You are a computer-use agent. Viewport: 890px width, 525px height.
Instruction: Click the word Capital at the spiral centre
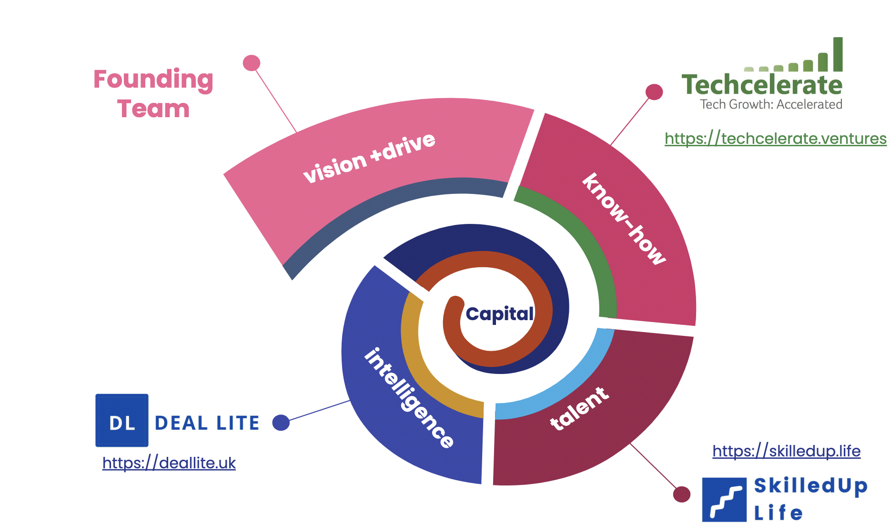(499, 314)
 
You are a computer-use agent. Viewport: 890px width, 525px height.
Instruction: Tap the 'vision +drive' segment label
(369, 158)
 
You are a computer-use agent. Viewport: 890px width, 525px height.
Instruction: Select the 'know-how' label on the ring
(624, 219)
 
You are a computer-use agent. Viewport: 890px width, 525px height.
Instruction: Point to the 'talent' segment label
(579, 409)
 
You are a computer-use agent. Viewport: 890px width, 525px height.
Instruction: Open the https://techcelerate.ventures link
(775, 139)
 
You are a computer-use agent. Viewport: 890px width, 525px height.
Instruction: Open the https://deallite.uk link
(169, 463)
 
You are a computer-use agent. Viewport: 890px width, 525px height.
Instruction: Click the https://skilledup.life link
(786, 451)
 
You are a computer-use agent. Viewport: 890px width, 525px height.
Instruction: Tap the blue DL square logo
(122, 420)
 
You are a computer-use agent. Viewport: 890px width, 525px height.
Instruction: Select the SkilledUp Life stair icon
(724, 499)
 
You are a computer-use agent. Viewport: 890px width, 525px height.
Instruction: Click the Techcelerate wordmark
(762, 85)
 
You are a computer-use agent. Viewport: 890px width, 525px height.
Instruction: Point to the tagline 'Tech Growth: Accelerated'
(771, 104)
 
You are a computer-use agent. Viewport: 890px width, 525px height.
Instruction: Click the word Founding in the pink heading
(153, 80)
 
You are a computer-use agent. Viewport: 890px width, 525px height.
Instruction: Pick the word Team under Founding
(153, 109)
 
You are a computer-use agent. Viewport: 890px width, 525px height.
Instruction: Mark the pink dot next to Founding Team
(252, 63)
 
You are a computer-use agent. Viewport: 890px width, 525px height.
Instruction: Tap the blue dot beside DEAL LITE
(281, 423)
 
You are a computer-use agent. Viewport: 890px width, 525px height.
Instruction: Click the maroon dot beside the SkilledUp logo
(682, 494)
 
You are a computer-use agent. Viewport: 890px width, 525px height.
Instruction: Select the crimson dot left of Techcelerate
(654, 92)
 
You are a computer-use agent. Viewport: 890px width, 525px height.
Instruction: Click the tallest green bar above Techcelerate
(838, 54)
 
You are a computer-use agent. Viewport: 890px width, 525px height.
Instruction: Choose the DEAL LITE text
(207, 423)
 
